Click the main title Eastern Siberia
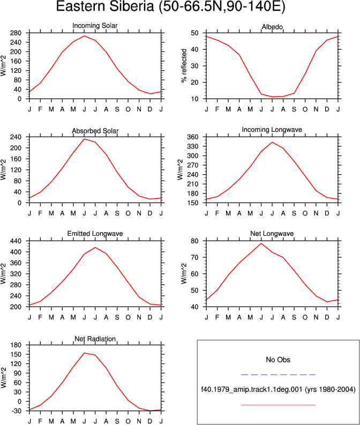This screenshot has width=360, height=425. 104,6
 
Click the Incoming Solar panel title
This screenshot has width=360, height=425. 95,26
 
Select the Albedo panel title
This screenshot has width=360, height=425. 272,27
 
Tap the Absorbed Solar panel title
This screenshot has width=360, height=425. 95,131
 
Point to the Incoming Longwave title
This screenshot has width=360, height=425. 272,130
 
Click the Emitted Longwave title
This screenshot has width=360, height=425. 95,234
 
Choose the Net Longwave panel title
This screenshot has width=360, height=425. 272,234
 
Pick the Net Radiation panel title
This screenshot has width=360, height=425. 95,339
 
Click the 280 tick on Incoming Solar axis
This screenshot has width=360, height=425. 16,33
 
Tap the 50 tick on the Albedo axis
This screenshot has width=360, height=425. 195,33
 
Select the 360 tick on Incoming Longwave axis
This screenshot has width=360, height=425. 193,137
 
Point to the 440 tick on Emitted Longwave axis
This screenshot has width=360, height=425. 16,241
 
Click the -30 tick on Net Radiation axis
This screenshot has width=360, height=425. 16,411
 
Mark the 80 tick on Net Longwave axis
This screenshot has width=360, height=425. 195,241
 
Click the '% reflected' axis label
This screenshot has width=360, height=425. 184,66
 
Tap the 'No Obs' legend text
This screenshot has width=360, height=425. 278,360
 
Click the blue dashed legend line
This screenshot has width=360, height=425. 278,375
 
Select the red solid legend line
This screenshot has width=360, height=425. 278,405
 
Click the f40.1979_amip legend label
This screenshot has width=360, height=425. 278,390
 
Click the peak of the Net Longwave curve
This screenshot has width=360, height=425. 261,243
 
